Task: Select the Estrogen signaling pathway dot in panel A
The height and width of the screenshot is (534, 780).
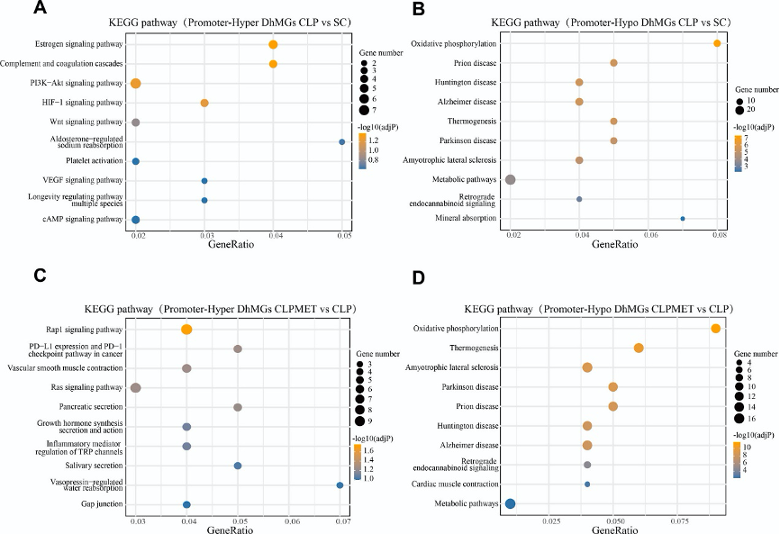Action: tap(273, 44)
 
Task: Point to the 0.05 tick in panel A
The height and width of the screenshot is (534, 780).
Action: tap(344, 235)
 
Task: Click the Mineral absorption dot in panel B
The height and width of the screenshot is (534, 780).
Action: tap(683, 218)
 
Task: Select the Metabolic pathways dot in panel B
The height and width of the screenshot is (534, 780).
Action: tap(511, 179)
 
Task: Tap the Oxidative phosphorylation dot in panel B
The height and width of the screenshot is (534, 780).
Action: tap(717, 43)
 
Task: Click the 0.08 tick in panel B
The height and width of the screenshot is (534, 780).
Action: tap(718, 235)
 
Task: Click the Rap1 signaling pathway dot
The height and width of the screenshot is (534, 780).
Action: tap(186, 330)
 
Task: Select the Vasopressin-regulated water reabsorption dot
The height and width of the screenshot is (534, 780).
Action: tap(340, 485)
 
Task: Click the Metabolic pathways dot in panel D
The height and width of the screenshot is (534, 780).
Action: tap(510, 504)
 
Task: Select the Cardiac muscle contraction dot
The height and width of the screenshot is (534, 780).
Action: tap(587, 484)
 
